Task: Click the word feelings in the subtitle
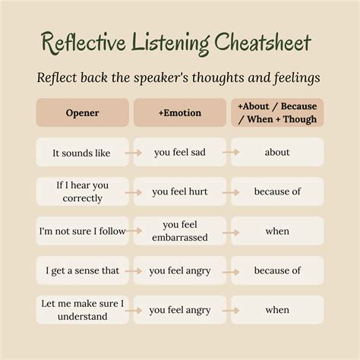[x=295, y=78]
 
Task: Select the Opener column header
[x=81, y=112]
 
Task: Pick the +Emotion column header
[x=179, y=112]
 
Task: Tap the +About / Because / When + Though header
[x=277, y=112]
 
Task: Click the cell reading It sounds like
[x=81, y=153]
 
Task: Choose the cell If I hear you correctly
[x=81, y=191]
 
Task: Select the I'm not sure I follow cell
[x=81, y=231]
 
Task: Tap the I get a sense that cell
[x=81, y=270]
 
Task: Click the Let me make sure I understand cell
[x=81, y=310]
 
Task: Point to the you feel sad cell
[x=179, y=153]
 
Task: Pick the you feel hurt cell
[x=179, y=191]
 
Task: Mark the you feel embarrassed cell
[x=179, y=231]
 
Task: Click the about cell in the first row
[x=277, y=153]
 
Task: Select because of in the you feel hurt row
[x=277, y=191]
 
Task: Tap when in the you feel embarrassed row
[x=277, y=231]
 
